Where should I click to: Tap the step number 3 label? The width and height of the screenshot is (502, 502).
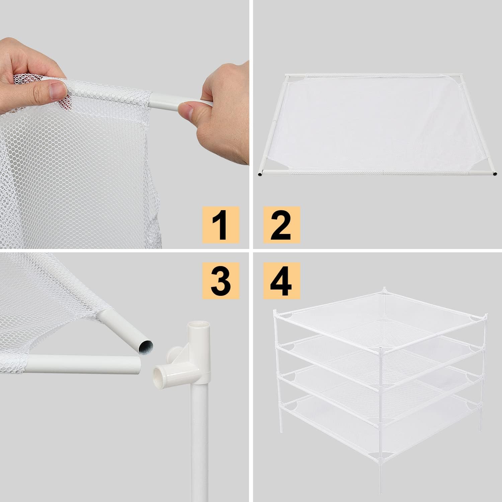click(221, 280)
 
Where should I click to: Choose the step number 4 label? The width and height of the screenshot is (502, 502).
click(281, 280)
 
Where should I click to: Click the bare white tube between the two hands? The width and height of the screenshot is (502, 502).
click(167, 100)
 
